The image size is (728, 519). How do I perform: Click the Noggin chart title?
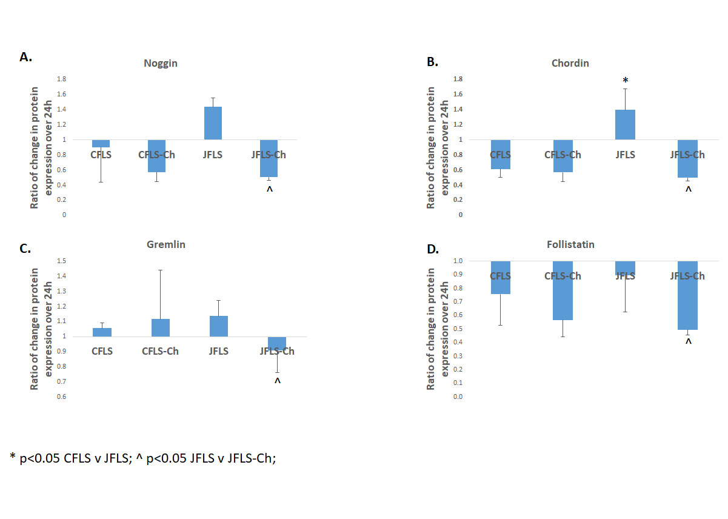tap(161, 63)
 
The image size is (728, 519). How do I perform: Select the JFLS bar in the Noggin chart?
tap(213, 123)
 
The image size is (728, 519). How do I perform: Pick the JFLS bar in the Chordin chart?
tap(626, 125)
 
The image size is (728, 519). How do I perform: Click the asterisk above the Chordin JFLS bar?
tap(625, 81)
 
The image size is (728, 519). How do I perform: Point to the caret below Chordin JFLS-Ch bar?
tap(688, 190)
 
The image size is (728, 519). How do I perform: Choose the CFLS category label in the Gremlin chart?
tap(102, 351)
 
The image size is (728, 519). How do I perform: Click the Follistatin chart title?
tap(569, 245)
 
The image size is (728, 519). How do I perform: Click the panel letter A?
tap(25, 57)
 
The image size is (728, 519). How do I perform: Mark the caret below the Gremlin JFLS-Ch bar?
tap(278, 381)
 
